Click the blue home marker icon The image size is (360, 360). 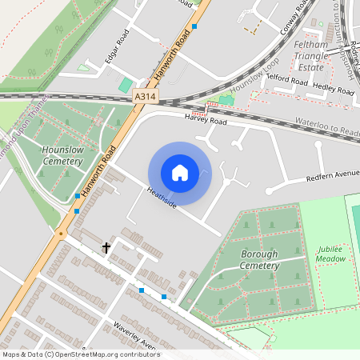pyautogui.click(x=180, y=173)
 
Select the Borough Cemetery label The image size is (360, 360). pyautogui.click(x=259, y=258)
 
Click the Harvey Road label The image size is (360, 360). pyautogui.click(x=206, y=121)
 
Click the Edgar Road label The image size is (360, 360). pyautogui.click(x=117, y=48)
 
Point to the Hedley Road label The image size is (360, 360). pyautogui.click(x=333, y=88)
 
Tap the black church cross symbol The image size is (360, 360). pyautogui.click(x=106, y=248)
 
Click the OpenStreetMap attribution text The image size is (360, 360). pyautogui.click(x=81, y=354)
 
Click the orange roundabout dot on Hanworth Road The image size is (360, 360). pyautogui.click(x=61, y=234)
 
